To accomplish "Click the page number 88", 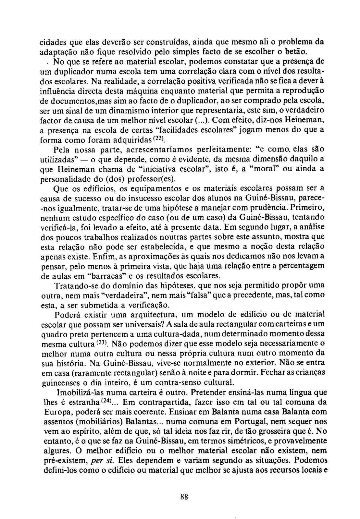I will click(184, 497).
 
